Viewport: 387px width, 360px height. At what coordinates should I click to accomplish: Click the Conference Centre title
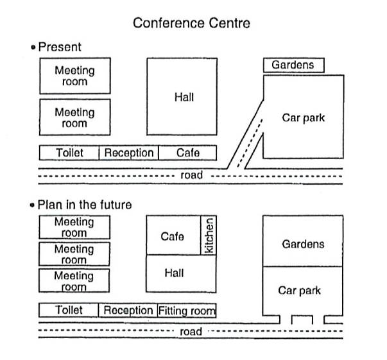coord(191,23)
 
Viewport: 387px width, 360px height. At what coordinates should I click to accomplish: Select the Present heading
coord(60,47)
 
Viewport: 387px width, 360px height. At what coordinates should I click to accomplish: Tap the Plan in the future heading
coord(85,205)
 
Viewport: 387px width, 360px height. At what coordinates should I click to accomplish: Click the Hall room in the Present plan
coord(182,96)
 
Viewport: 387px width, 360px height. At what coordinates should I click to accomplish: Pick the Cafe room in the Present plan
coord(188,153)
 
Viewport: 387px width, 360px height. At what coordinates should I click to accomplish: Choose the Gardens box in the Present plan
coord(294,65)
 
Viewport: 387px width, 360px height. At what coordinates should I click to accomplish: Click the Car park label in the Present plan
coord(304,117)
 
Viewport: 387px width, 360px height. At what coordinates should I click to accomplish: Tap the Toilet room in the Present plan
coord(69,153)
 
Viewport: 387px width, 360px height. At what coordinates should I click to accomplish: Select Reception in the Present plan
coord(128,153)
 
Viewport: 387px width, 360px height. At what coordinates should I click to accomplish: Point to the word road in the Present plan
coord(191,175)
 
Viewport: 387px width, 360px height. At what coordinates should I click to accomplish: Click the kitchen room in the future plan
coord(209,235)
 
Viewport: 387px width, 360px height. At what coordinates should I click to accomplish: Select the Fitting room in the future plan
coord(187,311)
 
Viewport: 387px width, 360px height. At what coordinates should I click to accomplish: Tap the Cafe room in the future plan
coord(173,235)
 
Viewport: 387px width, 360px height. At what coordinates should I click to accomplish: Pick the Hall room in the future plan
coord(181,273)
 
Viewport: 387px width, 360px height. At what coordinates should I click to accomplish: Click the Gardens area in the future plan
coord(303,241)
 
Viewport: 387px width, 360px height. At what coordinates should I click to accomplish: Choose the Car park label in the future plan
coord(299,291)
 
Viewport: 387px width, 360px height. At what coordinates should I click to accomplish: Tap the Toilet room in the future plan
coord(69,310)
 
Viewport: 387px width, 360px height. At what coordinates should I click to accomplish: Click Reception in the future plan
coord(128,311)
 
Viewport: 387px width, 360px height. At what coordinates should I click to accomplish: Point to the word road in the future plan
coord(191,332)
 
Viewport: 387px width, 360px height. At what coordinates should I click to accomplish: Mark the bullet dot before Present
coord(33,47)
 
